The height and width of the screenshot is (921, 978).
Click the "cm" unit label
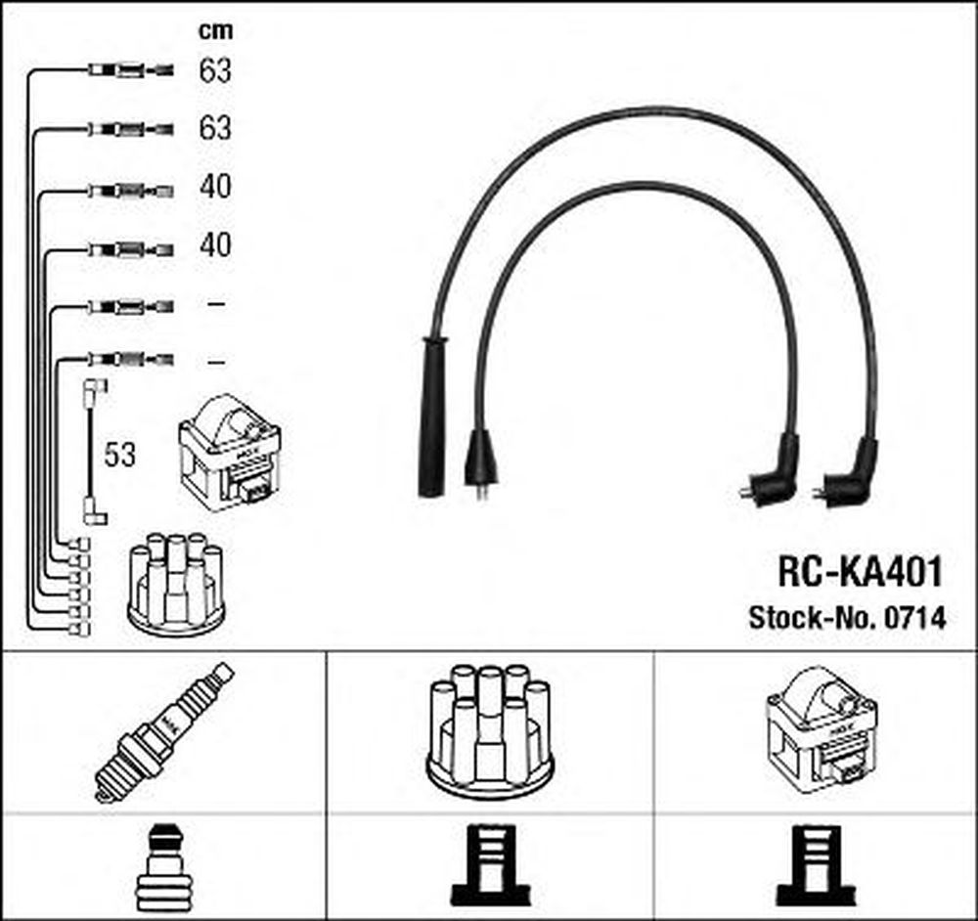click(215, 30)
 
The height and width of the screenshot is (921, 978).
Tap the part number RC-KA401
click(860, 572)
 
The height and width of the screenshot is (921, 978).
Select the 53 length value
click(119, 455)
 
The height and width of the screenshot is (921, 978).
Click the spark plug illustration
click(163, 732)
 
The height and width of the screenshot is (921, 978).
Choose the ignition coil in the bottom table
click(822, 729)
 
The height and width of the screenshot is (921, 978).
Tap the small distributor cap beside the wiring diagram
click(176, 585)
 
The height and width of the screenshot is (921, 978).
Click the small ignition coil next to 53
click(230, 452)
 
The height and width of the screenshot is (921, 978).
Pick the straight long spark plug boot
click(433, 417)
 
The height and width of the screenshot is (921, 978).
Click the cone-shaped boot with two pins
click(481, 461)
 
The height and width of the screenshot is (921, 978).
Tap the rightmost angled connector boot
click(848, 474)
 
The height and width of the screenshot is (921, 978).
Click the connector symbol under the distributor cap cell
click(490, 865)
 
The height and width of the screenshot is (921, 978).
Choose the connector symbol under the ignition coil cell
click(816, 865)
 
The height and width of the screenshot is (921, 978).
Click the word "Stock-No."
click(814, 617)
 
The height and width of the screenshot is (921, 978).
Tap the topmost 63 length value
click(215, 70)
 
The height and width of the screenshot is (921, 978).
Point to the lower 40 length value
click(215, 245)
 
